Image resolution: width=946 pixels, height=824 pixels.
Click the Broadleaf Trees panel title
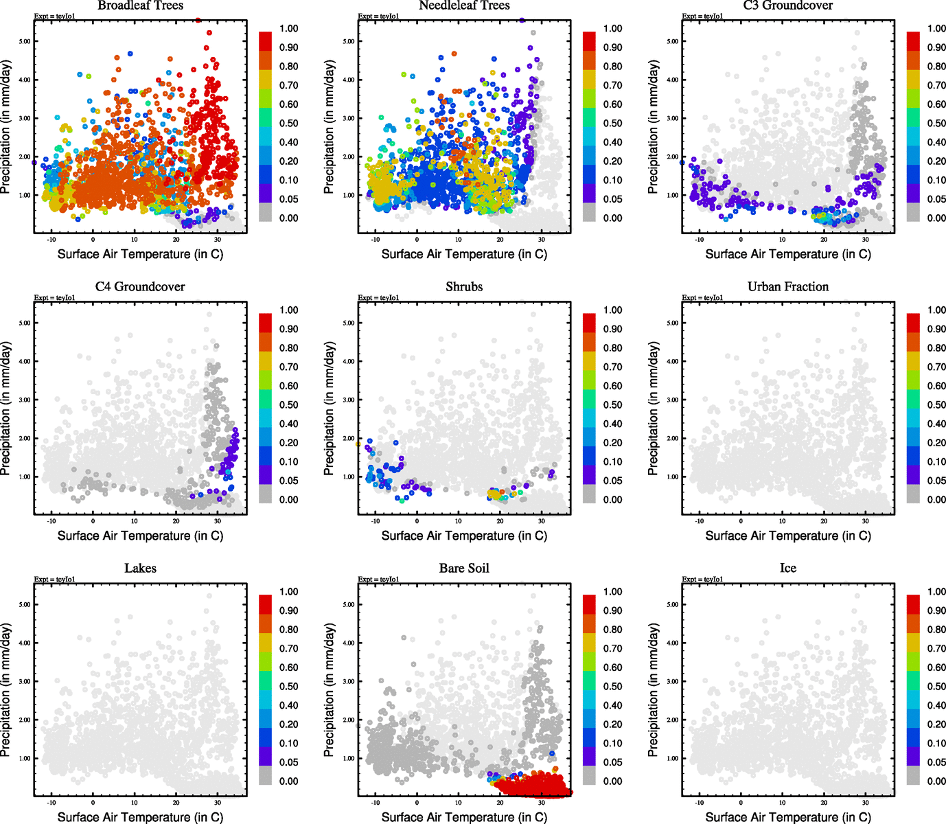(x=140, y=5)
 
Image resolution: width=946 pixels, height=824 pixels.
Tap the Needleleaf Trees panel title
(x=464, y=5)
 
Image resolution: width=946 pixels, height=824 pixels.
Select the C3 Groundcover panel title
(x=788, y=5)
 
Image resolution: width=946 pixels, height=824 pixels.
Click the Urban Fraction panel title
(x=788, y=287)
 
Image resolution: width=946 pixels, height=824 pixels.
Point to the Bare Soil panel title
(x=464, y=569)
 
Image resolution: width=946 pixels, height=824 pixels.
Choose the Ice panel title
(x=788, y=569)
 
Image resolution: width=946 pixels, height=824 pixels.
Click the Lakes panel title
(x=140, y=569)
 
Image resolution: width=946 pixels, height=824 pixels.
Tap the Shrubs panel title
(x=464, y=287)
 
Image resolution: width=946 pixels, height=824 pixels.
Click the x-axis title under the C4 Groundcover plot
(x=140, y=536)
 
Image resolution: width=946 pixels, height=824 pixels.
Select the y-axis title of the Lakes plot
(x=6, y=690)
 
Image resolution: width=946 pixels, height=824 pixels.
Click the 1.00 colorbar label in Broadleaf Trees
(x=288, y=28)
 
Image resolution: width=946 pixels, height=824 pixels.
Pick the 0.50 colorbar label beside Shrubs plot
(x=612, y=405)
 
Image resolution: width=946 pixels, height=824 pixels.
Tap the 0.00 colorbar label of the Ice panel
(x=936, y=781)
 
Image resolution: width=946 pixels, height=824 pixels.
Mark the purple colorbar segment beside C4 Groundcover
(x=265, y=474)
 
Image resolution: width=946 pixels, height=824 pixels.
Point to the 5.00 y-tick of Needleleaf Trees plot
(x=349, y=41)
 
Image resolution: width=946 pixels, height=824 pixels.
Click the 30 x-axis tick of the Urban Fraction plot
(x=866, y=521)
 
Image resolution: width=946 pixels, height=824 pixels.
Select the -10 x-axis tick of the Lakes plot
(x=51, y=803)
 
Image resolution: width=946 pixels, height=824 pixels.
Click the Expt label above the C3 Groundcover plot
(x=702, y=16)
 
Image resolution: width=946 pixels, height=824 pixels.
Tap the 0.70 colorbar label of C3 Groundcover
(x=936, y=85)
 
